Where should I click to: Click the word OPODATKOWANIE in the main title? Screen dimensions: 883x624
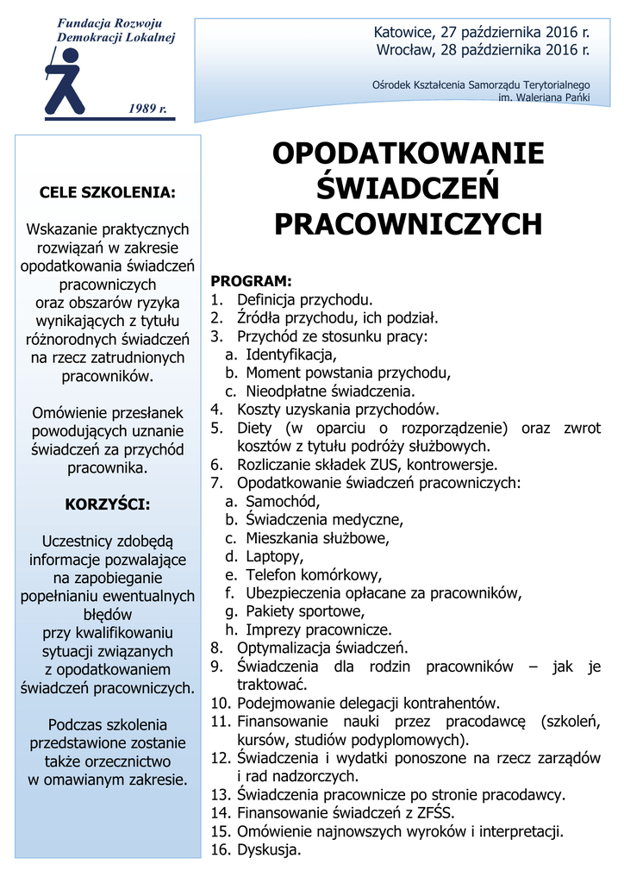click(408, 153)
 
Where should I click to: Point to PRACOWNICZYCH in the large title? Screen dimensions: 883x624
click(408, 224)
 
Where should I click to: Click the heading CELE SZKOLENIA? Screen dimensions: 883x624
click(108, 192)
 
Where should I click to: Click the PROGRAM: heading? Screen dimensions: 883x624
click(252, 282)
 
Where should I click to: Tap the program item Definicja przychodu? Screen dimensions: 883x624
click(305, 300)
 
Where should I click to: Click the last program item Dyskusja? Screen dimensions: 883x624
click(269, 850)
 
